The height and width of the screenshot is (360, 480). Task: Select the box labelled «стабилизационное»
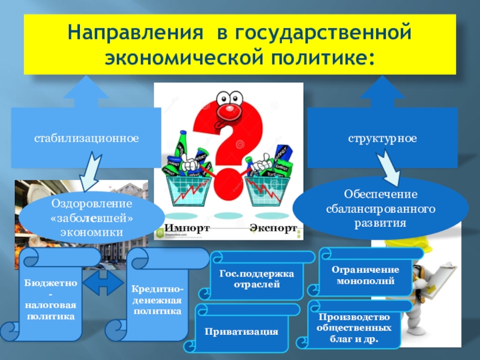point(86,139)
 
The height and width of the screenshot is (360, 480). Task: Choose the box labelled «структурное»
point(382,139)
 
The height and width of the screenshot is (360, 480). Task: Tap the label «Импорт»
point(187,229)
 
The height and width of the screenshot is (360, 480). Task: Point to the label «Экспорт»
point(274,229)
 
